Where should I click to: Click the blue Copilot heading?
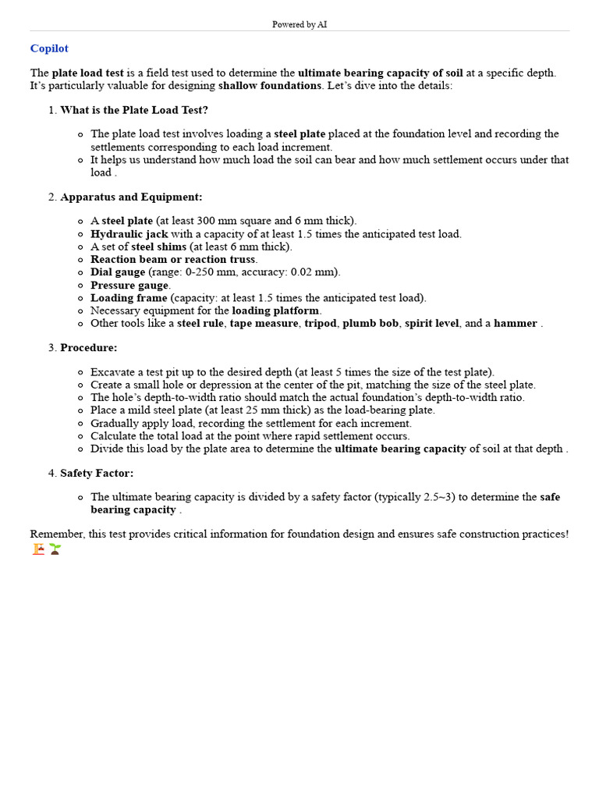coord(49,48)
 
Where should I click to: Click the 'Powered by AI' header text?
coord(299,25)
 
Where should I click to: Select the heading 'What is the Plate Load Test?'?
coord(134,110)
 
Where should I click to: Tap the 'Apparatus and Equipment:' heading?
coord(131,197)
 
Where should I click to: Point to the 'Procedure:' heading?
coord(89,348)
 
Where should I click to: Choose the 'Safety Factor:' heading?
coord(97,474)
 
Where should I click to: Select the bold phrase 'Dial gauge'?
coord(118,272)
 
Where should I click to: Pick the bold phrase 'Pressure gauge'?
coord(129,285)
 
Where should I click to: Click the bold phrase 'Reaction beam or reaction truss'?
coord(173,259)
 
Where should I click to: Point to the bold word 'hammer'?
coord(516,323)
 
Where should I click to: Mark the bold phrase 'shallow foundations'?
coord(269,85)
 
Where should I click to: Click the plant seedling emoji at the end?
coord(55,549)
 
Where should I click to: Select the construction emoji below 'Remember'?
coord(38,549)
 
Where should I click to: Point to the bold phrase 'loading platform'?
coord(275,311)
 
